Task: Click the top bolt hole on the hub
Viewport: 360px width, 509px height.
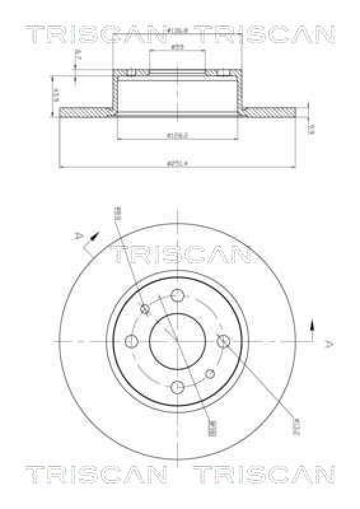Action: [x=178, y=296]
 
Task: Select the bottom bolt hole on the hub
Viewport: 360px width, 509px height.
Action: [x=178, y=386]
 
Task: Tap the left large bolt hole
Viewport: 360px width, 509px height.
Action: [x=132, y=341]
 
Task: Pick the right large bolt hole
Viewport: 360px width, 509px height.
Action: [x=223, y=342]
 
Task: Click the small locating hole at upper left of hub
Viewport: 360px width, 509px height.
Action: [x=145, y=309]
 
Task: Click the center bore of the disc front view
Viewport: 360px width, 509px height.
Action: [x=177, y=341]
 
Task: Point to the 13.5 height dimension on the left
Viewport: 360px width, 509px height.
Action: [x=55, y=95]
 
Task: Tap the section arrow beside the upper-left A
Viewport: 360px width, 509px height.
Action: [x=93, y=236]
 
